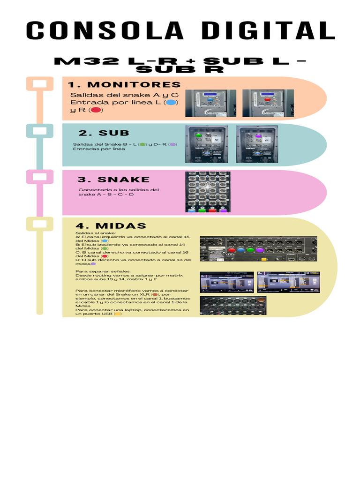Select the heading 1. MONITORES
coord(124,85)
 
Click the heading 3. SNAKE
coord(113,180)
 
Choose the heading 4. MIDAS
coord(111,226)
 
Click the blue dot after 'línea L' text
coord(172,103)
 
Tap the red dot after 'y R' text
coord(96,110)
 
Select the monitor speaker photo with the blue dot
coord(210,103)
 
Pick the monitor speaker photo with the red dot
coord(268,103)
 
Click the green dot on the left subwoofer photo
coord(199,135)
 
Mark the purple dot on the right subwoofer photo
coord(258,135)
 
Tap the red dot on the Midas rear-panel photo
coord(232,250)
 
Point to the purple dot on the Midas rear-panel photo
coord(259,250)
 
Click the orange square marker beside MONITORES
coord(39,84)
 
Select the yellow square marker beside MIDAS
coord(39,224)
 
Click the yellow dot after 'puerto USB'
coord(117,314)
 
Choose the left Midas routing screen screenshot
coord(227,282)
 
